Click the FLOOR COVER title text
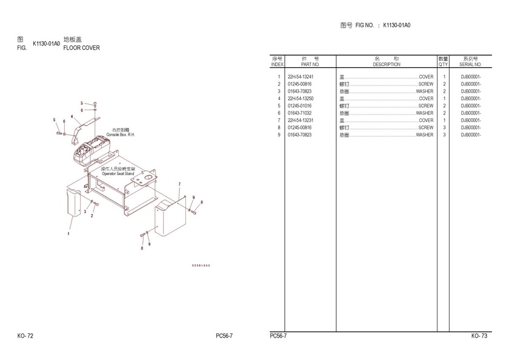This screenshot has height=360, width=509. (x=82, y=48)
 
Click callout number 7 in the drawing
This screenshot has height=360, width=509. (x=179, y=184)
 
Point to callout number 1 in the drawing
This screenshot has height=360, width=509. (x=68, y=233)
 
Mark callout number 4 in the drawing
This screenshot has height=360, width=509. (x=72, y=116)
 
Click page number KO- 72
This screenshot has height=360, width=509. (x=25, y=336)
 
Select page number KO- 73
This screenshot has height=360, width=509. (x=479, y=336)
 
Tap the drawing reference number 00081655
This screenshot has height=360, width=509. (x=201, y=265)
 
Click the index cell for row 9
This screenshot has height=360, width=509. (x=279, y=135)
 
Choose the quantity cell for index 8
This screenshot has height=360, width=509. (x=444, y=128)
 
